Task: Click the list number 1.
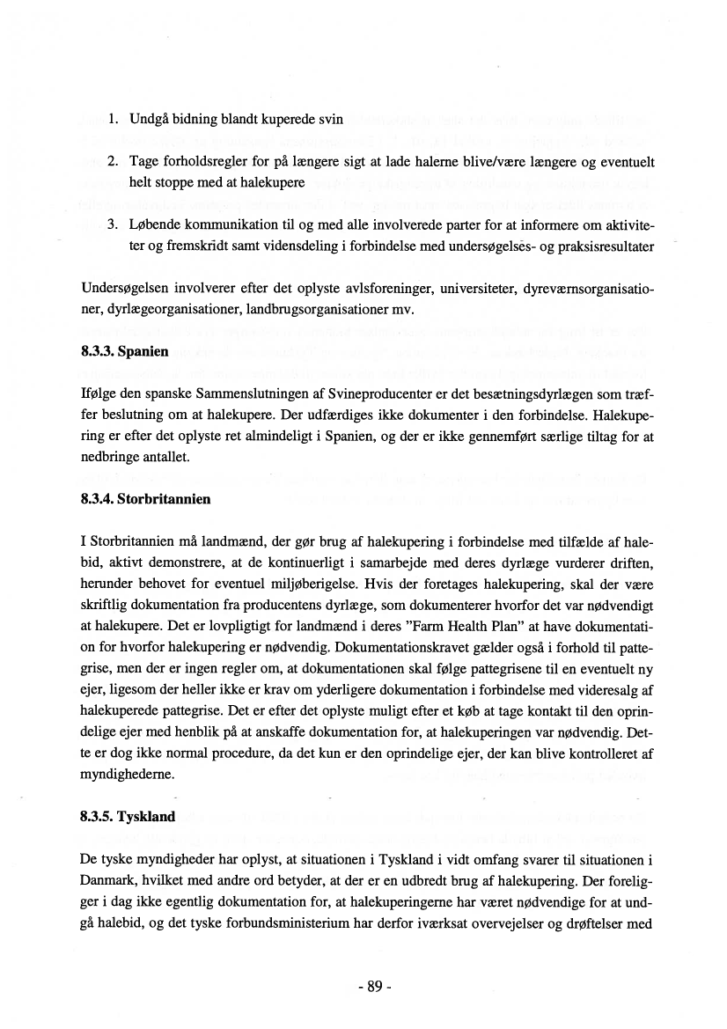click(112, 119)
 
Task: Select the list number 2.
click(112, 163)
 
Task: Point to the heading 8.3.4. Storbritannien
click(144, 499)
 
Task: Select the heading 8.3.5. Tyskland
click(128, 816)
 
